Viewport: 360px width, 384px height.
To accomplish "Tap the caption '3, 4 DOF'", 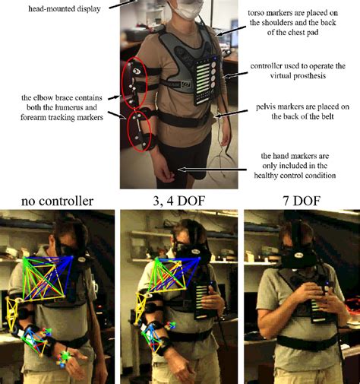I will pyautogui.click(x=179, y=202).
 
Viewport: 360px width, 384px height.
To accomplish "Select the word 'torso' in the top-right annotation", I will pyautogui.click(x=260, y=13).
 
